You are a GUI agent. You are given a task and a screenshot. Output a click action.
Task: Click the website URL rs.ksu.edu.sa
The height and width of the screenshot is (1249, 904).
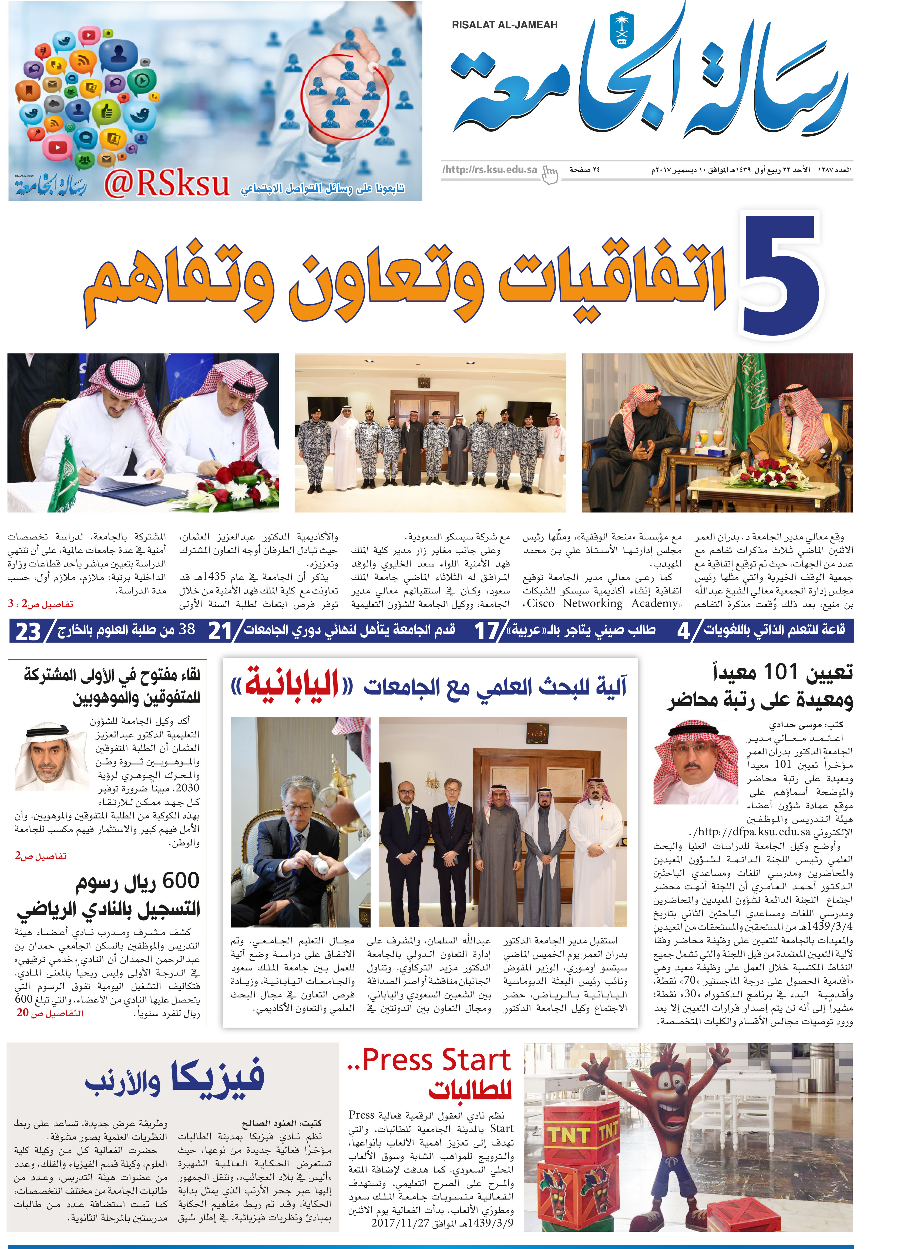click(x=490, y=170)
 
